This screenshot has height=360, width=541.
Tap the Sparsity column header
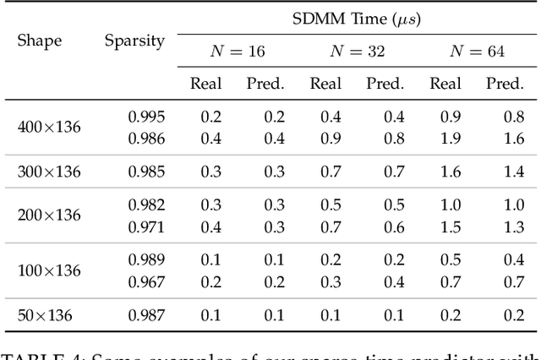tap(134, 40)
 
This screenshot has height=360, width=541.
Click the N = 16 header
tap(237, 52)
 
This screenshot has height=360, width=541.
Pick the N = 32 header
tap(357, 52)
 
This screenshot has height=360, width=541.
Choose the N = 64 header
tap(477, 52)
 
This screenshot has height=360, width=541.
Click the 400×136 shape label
tap(49, 127)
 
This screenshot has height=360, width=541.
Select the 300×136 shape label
tap(49, 172)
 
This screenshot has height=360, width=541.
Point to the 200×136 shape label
tap(49, 215)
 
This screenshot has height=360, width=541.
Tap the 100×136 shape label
tap(49, 270)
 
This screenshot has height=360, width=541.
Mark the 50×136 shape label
tap(45, 315)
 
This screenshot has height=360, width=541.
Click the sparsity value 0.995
tap(146, 117)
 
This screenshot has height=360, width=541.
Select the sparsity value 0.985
tap(146, 172)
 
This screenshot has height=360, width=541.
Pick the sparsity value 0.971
tap(146, 226)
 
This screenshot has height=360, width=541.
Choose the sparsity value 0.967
tap(146, 281)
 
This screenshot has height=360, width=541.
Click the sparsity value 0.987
tap(146, 315)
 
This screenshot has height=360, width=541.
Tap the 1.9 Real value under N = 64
tap(451, 137)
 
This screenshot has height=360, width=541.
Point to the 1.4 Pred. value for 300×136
tap(513, 172)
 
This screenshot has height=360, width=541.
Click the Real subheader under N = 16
tap(206, 83)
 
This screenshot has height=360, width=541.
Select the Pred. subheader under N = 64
tap(505, 83)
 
